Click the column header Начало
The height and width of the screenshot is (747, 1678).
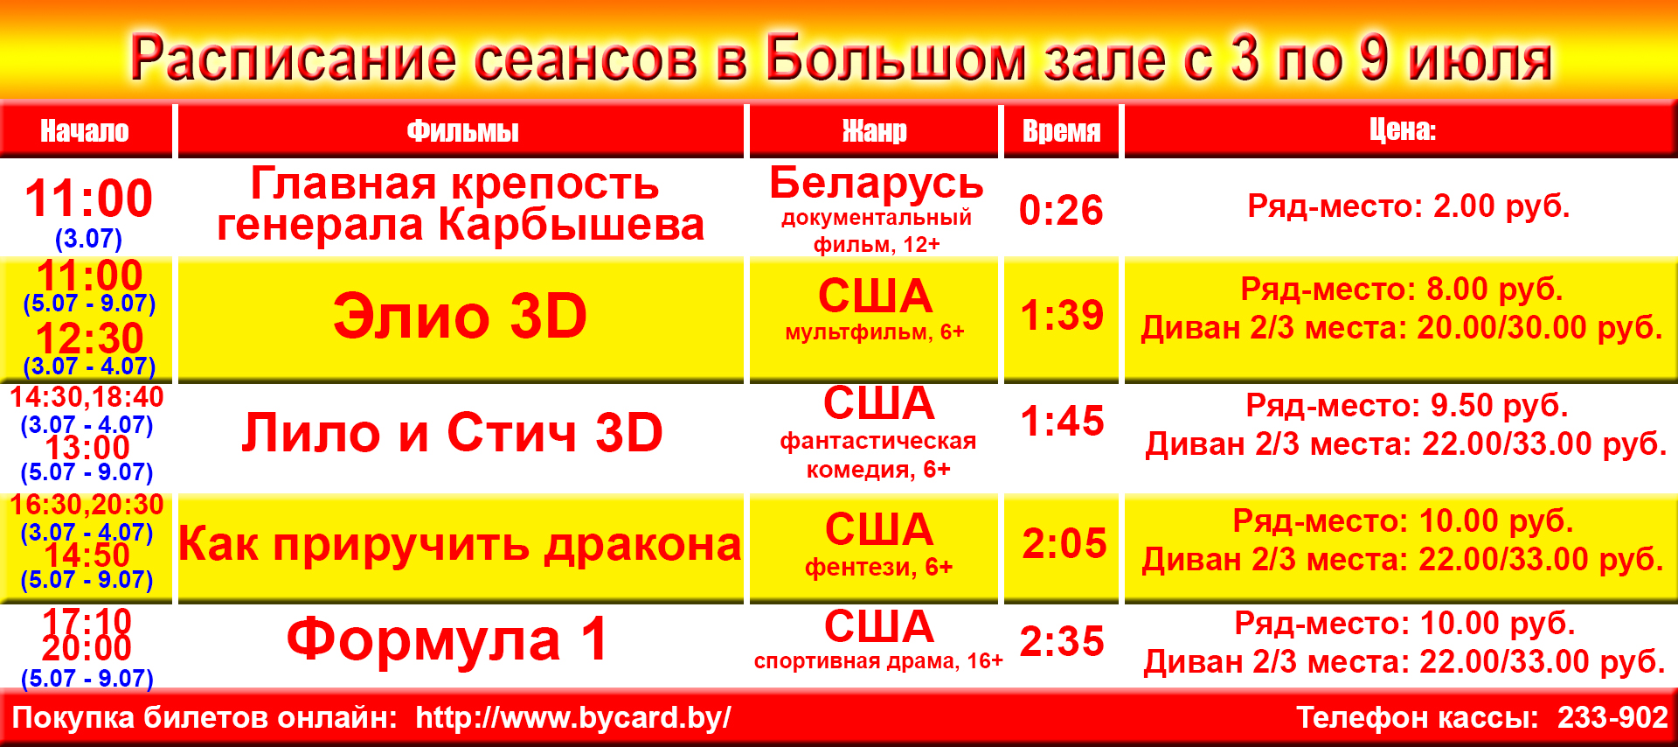(x=85, y=131)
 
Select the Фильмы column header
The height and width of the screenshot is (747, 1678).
(x=462, y=131)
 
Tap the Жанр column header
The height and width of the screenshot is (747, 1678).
(x=874, y=131)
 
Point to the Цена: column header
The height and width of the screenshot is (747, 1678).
(x=1402, y=129)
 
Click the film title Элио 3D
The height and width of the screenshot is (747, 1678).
(x=460, y=316)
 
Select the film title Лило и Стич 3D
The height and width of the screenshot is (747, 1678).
(x=452, y=432)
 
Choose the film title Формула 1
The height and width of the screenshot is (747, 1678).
(x=447, y=639)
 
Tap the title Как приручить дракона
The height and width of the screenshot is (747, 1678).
(x=460, y=544)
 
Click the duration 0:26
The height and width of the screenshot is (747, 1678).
(x=1061, y=210)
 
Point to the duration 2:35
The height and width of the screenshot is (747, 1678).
(x=1062, y=641)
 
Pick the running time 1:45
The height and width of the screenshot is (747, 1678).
(x=1062, y=421)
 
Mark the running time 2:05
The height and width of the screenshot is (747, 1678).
(x=1064, y=543)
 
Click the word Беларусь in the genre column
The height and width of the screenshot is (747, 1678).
(x=877, y=184)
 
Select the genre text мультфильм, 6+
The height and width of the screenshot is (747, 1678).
(x=875, y=332)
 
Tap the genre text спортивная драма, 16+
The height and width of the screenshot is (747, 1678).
(x=878, y=661)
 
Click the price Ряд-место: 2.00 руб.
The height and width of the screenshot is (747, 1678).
(x=1409, y=206)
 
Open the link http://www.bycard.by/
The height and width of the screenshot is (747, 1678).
(x=573, y=718)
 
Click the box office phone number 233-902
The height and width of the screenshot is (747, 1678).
(x=1612, y=717)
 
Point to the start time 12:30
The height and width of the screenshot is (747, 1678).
(x=89, y=339)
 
